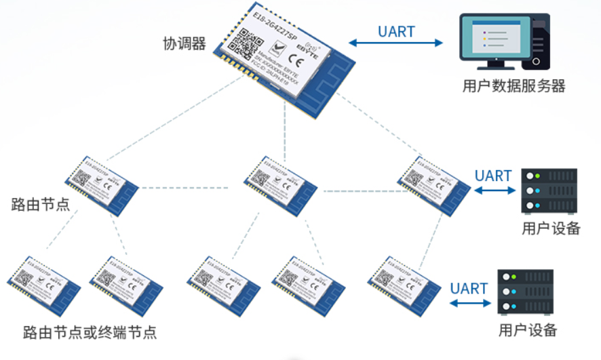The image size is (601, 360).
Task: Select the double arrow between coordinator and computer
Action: point(396,43)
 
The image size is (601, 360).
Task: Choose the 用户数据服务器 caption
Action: point(513,86)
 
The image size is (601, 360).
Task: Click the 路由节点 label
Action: point(41,204)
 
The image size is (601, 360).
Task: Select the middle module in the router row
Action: point(281,183)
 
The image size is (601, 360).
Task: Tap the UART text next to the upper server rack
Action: point(493,176)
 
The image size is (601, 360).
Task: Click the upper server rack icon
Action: point(549,191)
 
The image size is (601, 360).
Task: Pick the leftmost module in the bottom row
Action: point(44,285)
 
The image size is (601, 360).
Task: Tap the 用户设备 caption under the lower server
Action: point(528,331)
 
